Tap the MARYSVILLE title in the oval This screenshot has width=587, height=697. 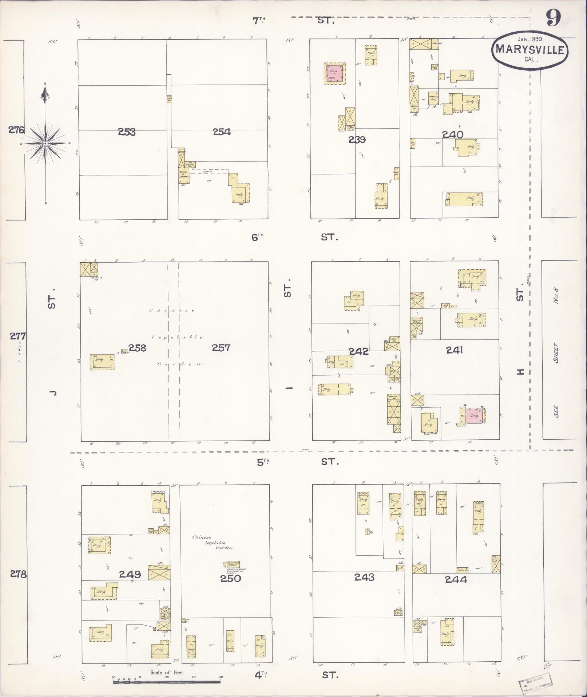point(530,50)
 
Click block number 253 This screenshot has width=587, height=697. point(127,132)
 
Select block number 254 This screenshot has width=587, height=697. point(222,132)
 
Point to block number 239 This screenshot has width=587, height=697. point(357,140)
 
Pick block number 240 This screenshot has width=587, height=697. point(453,135)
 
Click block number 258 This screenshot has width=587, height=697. point(137,348)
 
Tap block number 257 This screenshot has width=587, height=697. point(221,348)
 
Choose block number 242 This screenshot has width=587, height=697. point(358,352)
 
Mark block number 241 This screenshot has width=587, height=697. point(455,350)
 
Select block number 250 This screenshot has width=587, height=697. point(230,579)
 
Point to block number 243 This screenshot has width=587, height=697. point(364,577)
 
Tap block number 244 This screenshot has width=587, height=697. point(456,580)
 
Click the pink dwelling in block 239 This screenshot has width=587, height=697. point(334,74)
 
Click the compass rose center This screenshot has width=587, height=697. point(45,144)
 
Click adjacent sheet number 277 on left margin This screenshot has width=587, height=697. point(17,336)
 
